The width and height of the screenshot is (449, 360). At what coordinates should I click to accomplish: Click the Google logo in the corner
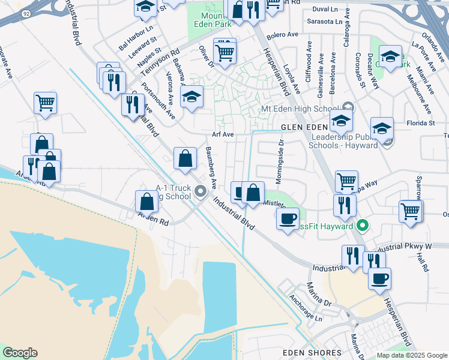click(x=20, y=353)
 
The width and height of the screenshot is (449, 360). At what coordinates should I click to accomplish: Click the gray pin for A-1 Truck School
click(x=200, y=192)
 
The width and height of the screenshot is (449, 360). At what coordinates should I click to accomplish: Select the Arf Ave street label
click(x=223, y=134)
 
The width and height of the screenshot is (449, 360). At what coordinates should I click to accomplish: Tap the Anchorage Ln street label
click(x=306, y=308)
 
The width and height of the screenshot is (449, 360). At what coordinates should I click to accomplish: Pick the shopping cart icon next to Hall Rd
click(x=410, y=211)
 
